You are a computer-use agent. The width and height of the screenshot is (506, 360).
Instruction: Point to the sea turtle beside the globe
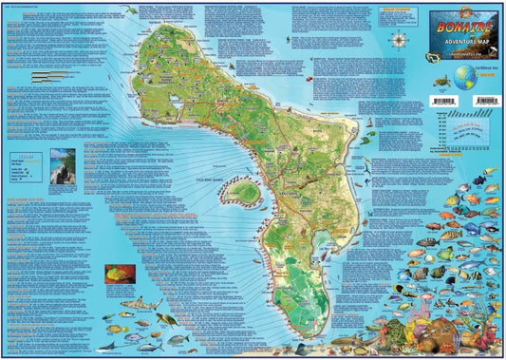[443, 78]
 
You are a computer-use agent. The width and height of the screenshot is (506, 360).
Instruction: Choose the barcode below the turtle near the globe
[443, 96]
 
